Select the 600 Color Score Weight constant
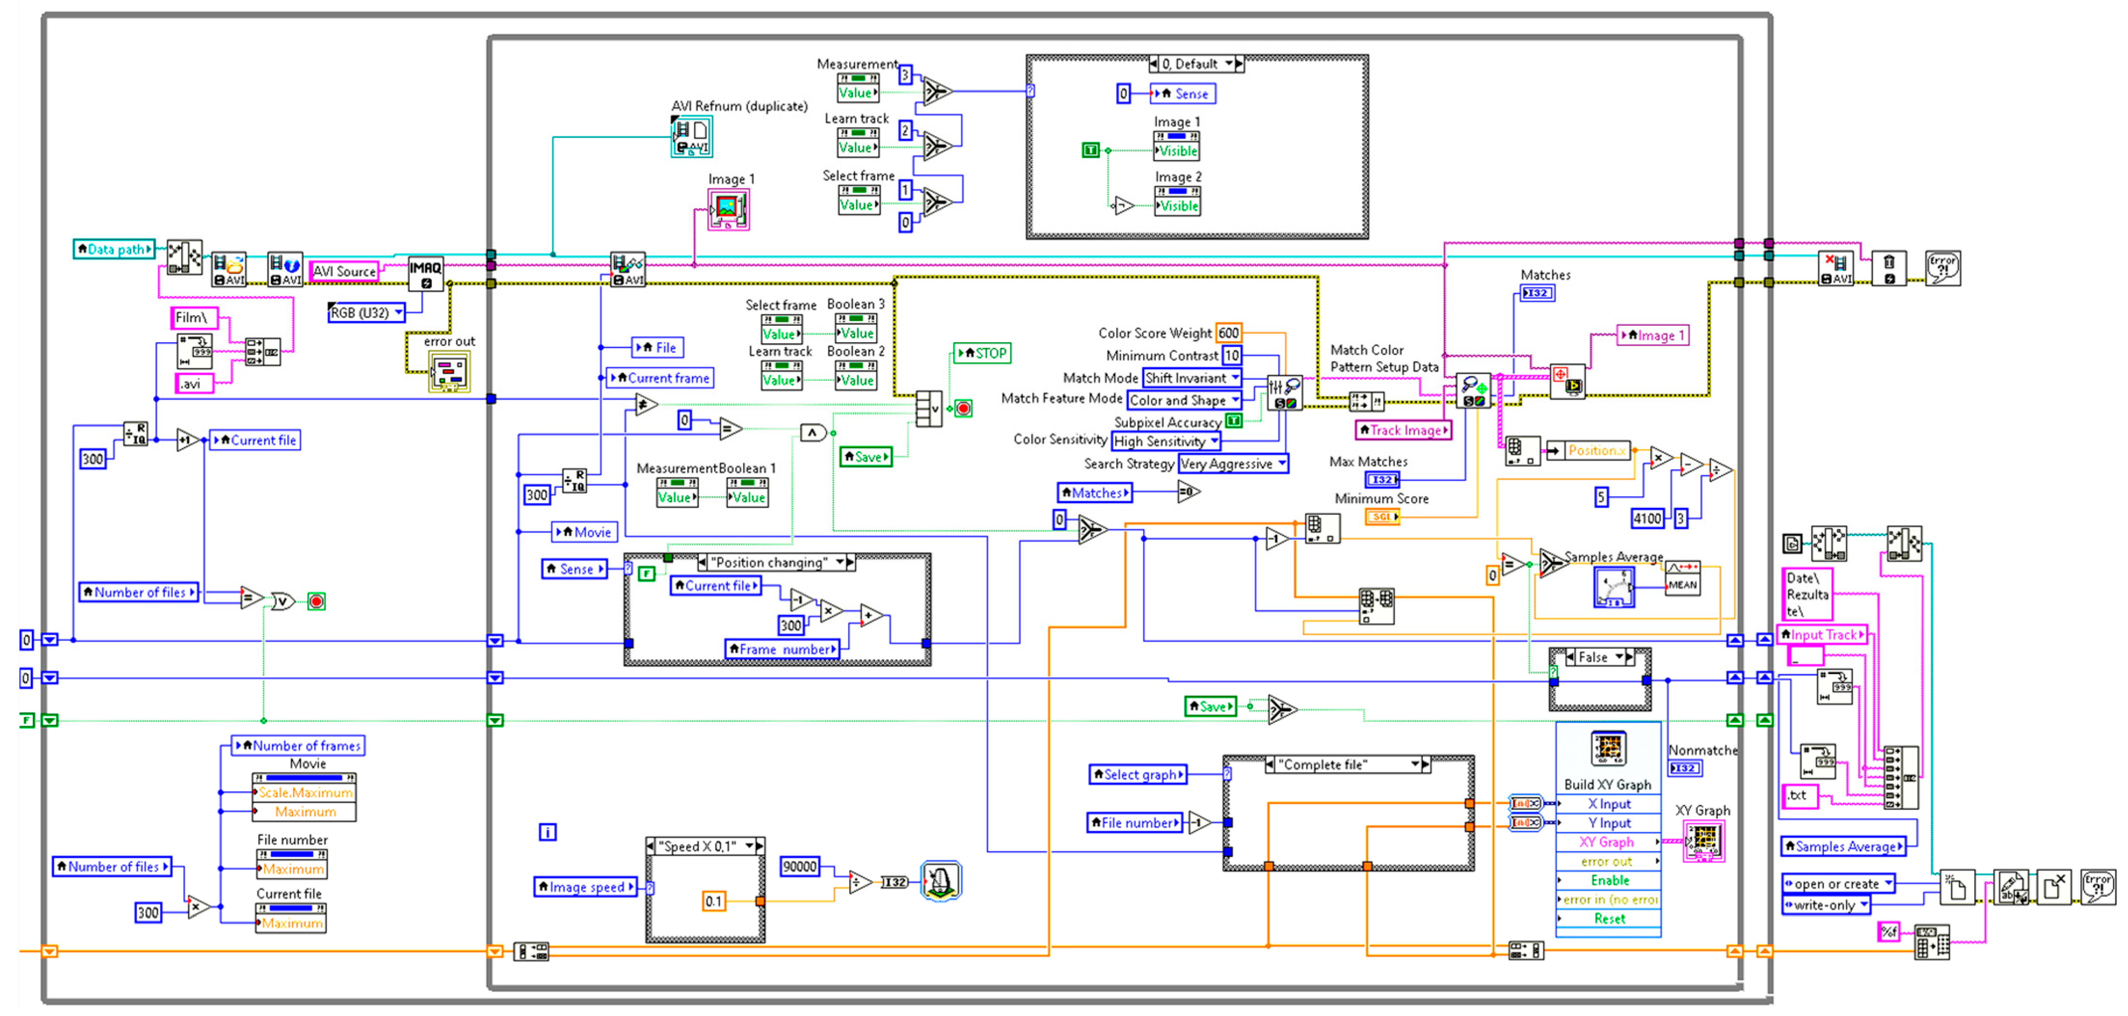(x=1228, y=333)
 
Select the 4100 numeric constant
(x=1647, y=519)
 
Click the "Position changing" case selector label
(x=770, y=562)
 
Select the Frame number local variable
(x=782, y=649)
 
